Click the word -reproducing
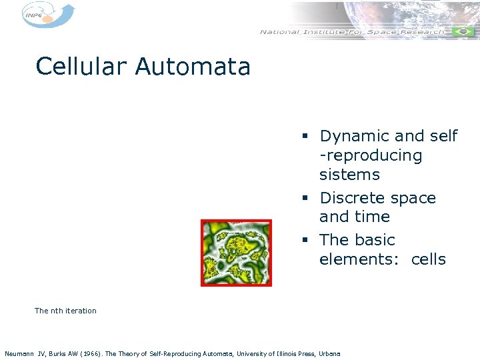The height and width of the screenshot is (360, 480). point(371,156)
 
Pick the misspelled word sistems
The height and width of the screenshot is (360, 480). point(349,175)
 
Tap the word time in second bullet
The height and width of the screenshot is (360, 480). point(373,217)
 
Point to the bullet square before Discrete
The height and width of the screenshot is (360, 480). point(303,199)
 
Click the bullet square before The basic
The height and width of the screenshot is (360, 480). point(303,241)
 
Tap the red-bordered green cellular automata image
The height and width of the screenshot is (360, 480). point(237,253)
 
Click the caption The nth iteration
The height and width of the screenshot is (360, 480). point(65,311)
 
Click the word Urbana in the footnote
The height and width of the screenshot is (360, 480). point(329,353)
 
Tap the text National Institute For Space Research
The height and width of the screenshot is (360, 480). point(351,32)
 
